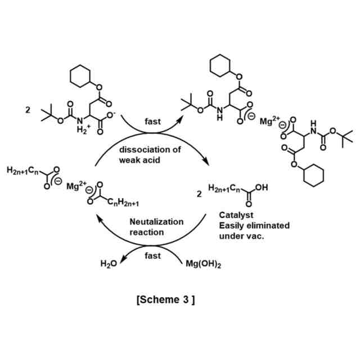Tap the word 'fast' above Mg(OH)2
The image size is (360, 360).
(152, 255)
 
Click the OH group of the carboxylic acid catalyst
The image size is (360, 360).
(261, 187)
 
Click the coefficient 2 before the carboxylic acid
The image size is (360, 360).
(198, 194)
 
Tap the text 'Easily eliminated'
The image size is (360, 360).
(254, 225)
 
